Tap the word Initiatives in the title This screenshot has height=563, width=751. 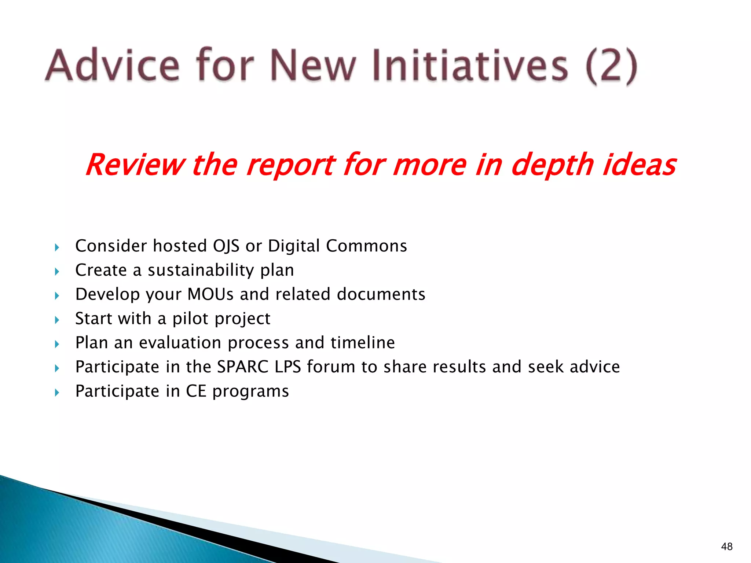click(470, 65)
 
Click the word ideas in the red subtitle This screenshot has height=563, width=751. click(640, 165)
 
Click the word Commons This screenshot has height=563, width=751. click(366, 246)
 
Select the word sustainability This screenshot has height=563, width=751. click(201, 270)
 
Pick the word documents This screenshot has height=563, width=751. click(381, 294)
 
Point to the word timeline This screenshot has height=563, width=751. click(363, 343)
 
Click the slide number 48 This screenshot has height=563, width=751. click(727, 547)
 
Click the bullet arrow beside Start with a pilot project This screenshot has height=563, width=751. click(57, 320)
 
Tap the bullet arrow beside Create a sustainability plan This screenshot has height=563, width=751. click(57, 272)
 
